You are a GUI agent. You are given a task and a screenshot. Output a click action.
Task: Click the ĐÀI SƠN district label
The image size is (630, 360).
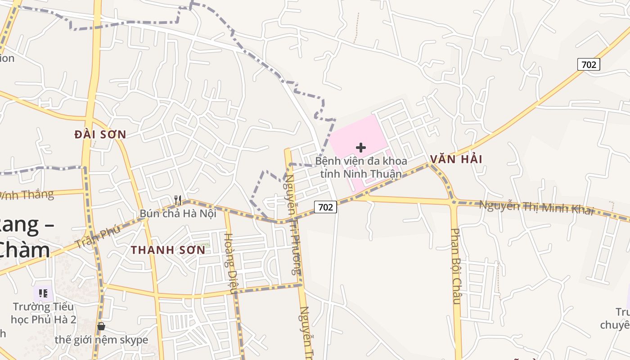tap(100, 134)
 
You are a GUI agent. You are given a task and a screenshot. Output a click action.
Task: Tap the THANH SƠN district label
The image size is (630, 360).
tap(168, 250)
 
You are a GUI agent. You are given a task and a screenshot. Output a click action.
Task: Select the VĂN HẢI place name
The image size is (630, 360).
tap(456, 159)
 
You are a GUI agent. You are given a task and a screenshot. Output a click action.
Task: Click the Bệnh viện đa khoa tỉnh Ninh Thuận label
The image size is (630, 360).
tap(361, 167)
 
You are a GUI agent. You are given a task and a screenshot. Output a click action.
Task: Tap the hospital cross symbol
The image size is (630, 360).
tap(361, 148)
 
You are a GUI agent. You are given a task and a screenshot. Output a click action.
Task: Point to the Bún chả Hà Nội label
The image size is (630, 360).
tap(178, 213)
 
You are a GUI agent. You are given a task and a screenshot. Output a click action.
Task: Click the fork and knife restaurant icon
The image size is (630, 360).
tap(178, 200)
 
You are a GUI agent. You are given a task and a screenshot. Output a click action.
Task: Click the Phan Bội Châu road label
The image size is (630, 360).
tap(456, 265)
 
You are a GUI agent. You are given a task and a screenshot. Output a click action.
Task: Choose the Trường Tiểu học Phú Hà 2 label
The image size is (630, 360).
tap(43, 313)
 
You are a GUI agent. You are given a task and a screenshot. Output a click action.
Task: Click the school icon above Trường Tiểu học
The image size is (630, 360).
tap(43, 294)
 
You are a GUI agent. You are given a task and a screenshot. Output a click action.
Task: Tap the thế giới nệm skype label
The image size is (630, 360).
tap(101, 340)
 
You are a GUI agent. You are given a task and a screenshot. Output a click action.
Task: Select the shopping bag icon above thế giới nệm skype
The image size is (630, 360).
tap(101, 326)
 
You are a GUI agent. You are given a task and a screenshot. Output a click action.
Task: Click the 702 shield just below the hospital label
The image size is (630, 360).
tap(325, 207)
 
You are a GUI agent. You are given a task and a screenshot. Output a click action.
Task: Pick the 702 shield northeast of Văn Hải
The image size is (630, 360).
tap(589, 65)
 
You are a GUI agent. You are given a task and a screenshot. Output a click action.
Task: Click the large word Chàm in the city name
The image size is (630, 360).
tap(25, 250)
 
